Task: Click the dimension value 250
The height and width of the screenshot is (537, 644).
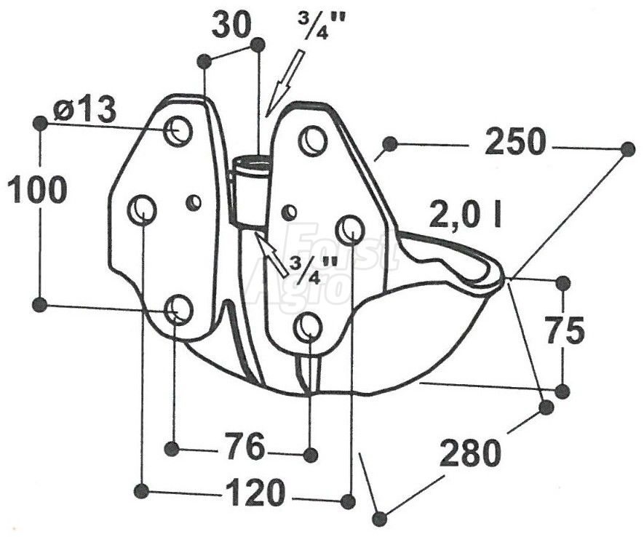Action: pos(515,143)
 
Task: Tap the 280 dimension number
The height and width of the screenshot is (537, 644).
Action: pos(470,453)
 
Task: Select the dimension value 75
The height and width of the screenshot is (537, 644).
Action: pos(565,330)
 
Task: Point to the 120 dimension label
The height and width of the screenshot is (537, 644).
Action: pos(255,492)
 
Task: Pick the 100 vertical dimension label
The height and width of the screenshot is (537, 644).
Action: pos(37,189)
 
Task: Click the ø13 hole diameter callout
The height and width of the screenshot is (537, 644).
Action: pos(84,111)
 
